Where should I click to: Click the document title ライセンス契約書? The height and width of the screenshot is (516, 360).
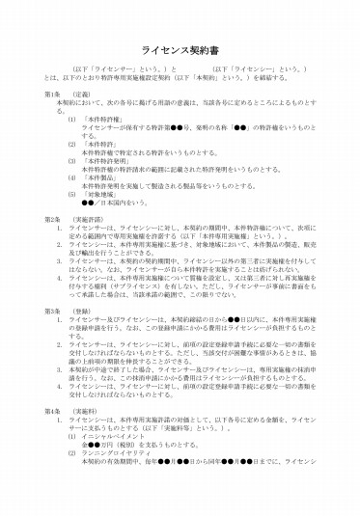[180, 45]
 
